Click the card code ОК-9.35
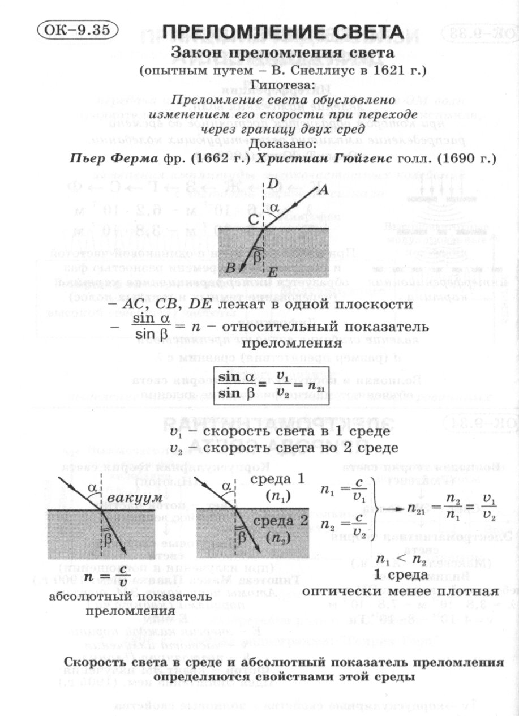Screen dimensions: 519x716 point(76,29)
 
